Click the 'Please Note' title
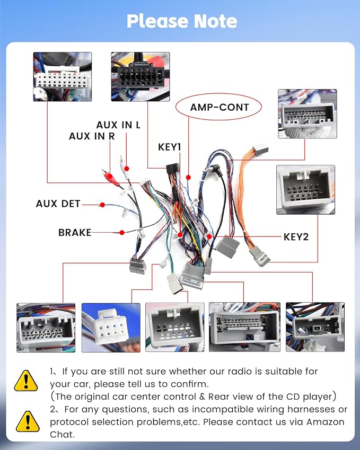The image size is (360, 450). click(x=182, y=21)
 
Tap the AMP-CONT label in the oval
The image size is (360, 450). click(x=219, y=108)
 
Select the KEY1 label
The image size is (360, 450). click(x=169, y=147)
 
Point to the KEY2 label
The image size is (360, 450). click(x=296, y=237)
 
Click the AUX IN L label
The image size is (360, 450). click(x=118, y=125)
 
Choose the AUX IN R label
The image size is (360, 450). click(x=92, y=136)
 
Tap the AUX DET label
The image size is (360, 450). click(x=58, y=204)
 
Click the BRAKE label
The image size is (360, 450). click(x=75, y=233)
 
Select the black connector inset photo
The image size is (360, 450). click(x=141, y=77)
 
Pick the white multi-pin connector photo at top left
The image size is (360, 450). click(x=63, y=77)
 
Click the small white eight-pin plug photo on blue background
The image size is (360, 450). click(x=111, y=328)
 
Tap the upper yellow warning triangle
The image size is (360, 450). click(x=26, y=381)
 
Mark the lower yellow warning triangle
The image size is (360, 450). click(x=28, y=421)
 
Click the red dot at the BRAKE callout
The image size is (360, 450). click(x=122, y=233)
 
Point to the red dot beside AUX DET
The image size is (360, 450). click(x=102, y=205)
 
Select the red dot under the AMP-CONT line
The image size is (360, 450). click(x=188, y=178)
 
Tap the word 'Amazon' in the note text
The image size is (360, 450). click(x=325, y=422)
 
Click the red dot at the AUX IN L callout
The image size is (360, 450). click(x=127, y=169)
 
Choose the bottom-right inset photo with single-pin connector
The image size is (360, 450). click(x=315, y=327)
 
